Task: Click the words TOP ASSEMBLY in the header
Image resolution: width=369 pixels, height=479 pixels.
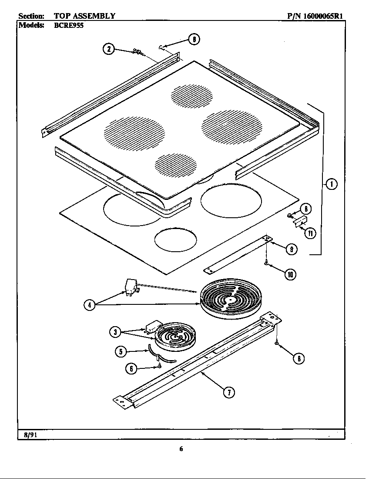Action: point(84,16)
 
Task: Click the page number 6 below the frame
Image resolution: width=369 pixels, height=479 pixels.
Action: point(181,449)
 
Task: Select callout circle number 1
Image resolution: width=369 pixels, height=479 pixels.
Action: point(332,185)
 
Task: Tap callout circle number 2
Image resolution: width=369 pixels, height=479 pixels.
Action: point(109,49)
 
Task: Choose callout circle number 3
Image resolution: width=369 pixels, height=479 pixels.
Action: point(115,332)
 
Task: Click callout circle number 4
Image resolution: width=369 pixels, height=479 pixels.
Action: point(89,305)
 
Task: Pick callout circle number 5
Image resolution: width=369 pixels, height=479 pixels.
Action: point(121,351)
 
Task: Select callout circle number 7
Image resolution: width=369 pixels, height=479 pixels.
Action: point(229,392)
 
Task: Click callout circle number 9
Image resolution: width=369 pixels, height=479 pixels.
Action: point(291,249)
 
